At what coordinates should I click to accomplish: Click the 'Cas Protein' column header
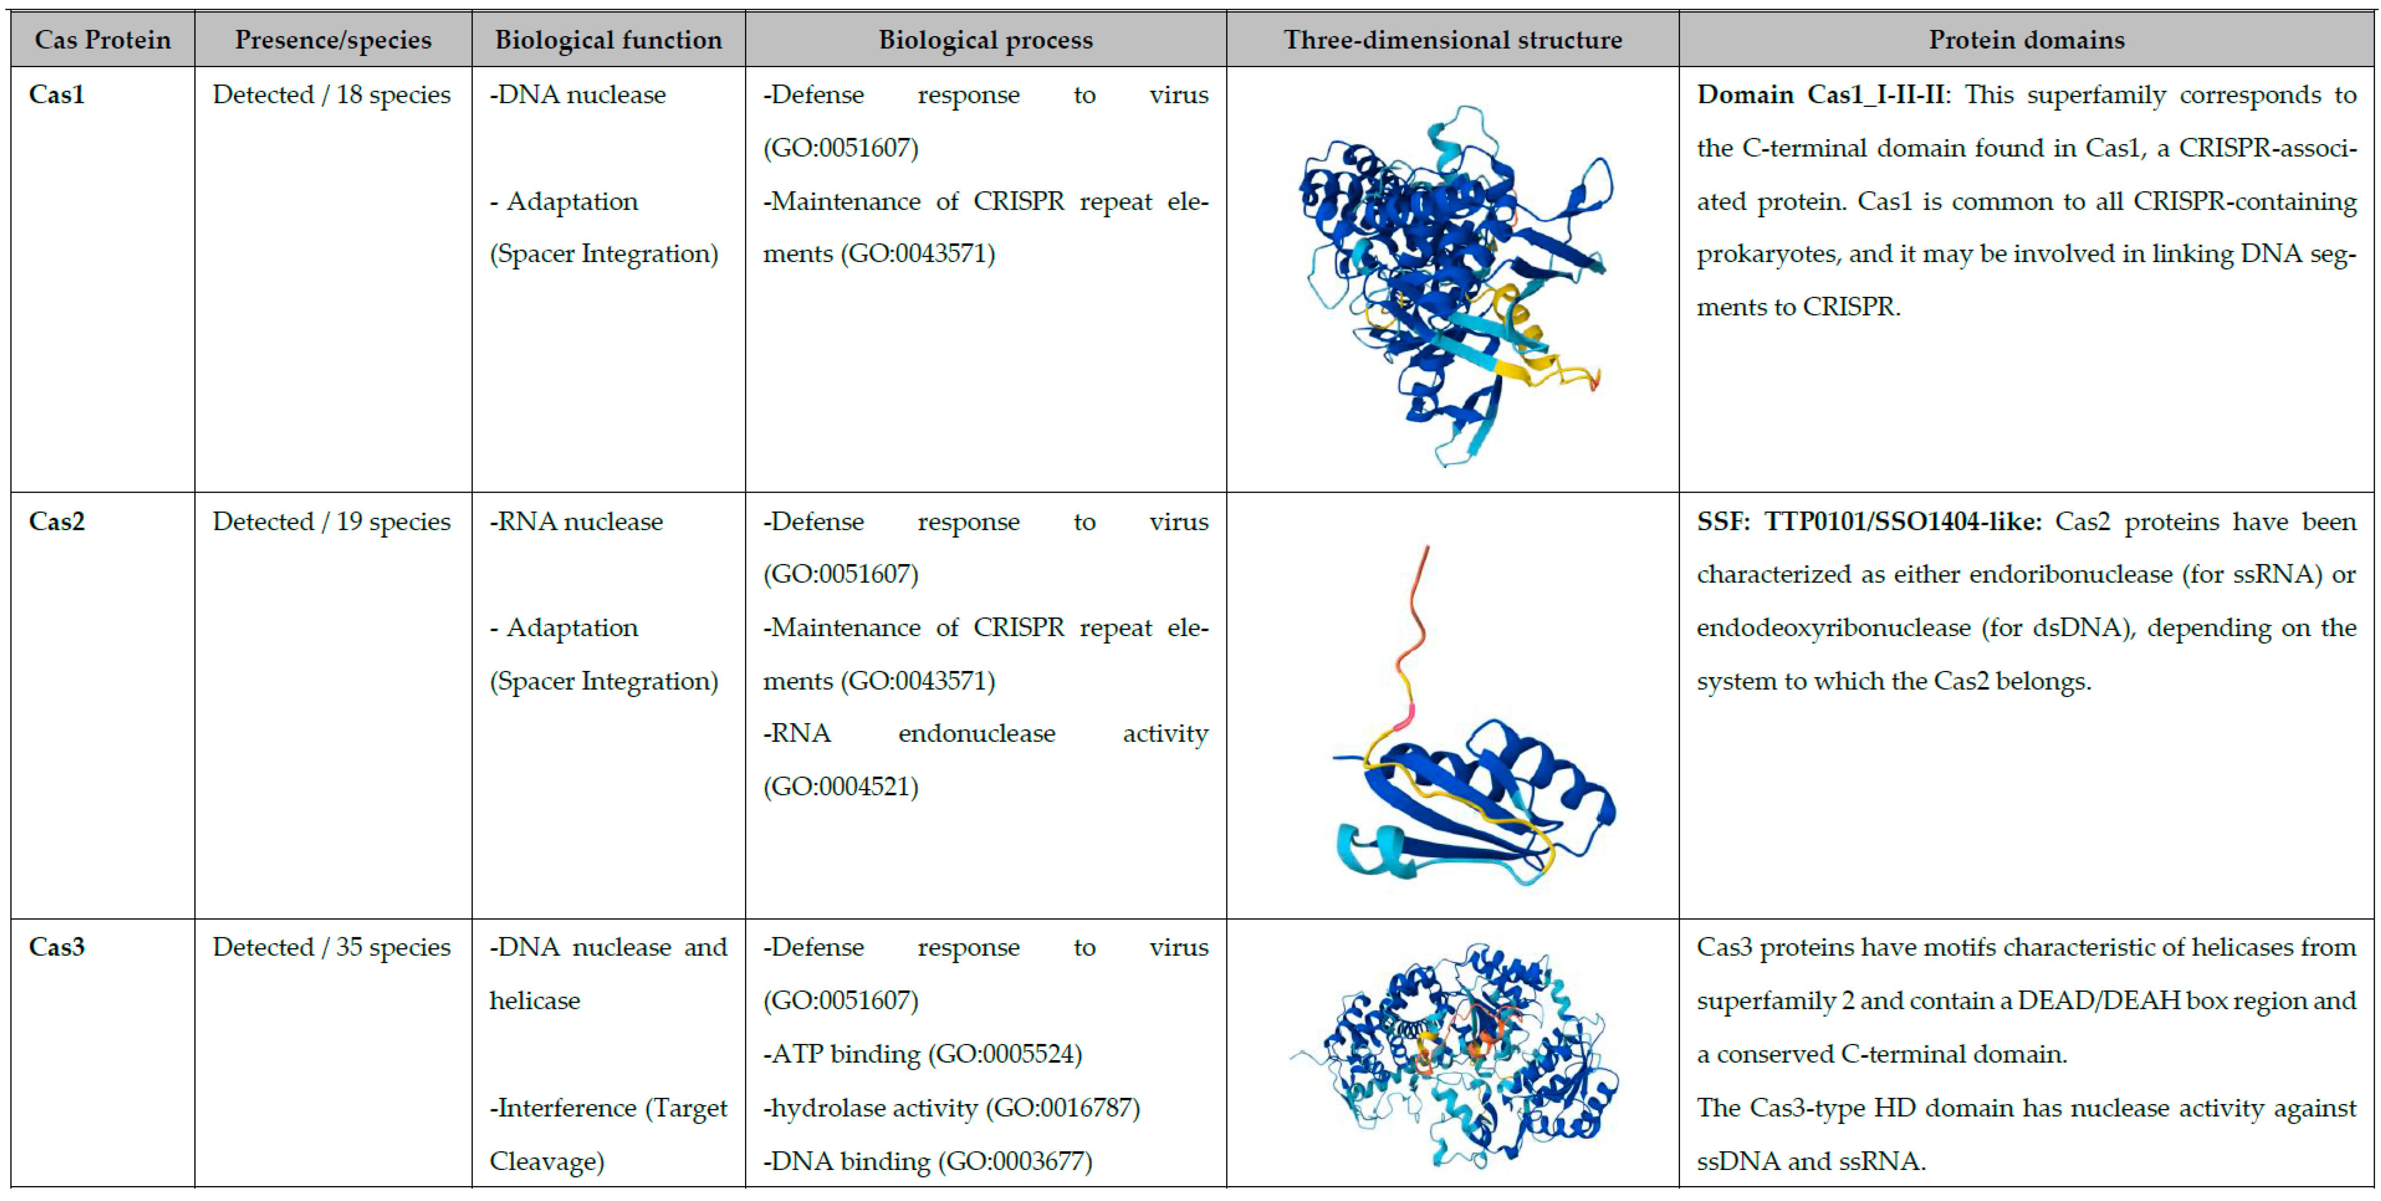[x=103, y=40]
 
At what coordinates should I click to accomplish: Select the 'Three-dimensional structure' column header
[x=1452, y=40]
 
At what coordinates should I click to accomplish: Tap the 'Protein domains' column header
[x=2026, y=40]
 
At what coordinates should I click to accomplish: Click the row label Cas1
[x=57, y=94]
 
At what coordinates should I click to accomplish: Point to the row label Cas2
[x=57, y=521]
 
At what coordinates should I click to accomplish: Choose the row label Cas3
[x=57, y=947]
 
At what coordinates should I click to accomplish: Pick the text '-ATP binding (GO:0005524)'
[x=923, y=1054]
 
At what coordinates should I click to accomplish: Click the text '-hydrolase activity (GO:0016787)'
[x=951, y=1108]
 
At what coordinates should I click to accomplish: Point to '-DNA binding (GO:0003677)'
[x=927, y=1161]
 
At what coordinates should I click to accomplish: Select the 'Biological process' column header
[x=985, y=40]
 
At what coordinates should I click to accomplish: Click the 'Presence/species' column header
[x=333, y=40]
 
